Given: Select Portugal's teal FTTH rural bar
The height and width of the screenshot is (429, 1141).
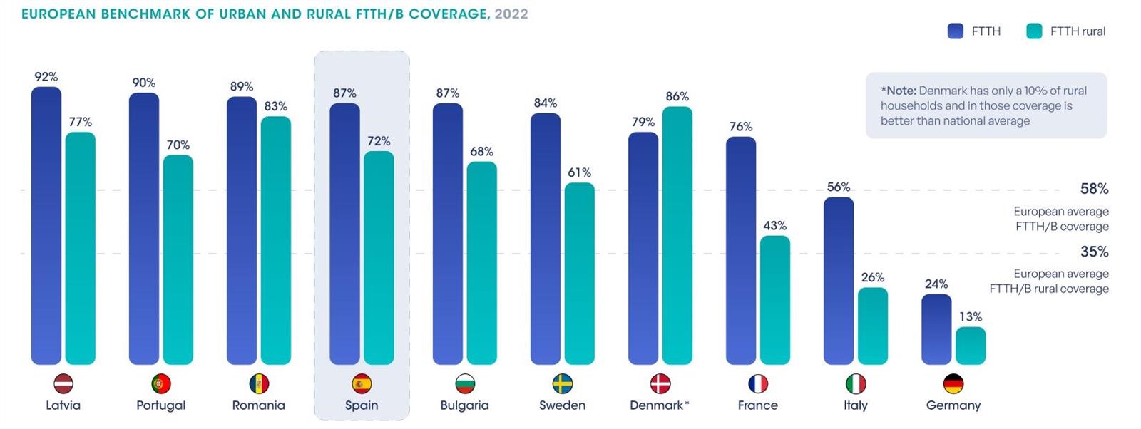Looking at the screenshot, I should pos(178,260).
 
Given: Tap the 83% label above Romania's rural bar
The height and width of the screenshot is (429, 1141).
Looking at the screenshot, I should pos(275,106).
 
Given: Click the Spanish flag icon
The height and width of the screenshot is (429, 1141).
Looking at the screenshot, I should pos(362,384).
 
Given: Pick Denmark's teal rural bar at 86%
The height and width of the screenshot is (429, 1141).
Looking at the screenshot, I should pos(677,235).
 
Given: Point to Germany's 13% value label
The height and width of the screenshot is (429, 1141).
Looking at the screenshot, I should pos(971,316).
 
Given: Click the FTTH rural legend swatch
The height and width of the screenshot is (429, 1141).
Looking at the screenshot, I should pos(1034,31).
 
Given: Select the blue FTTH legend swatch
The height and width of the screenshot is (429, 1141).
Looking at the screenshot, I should pos(956,31).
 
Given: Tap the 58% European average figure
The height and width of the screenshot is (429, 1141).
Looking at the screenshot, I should pos(1094,189).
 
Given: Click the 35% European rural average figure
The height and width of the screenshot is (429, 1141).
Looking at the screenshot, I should pos(1094,252).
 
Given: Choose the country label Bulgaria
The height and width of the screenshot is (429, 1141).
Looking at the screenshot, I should pos(464,405).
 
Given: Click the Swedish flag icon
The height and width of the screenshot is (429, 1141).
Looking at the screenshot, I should pos(563,384).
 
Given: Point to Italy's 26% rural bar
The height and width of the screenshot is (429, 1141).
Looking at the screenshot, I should pos(873,326).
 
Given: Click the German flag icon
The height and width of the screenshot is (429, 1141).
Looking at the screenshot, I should pos(953,384).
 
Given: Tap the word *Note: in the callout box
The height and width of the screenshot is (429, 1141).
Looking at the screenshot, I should pos(899,91).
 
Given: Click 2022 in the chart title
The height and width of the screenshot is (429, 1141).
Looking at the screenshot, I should pos(511,14).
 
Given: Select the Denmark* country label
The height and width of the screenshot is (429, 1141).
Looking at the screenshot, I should pos(659,405).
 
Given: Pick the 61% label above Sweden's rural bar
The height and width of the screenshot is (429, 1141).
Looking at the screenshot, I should pos(579,172).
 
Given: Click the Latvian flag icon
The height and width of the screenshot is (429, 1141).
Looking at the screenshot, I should pos(63,384).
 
